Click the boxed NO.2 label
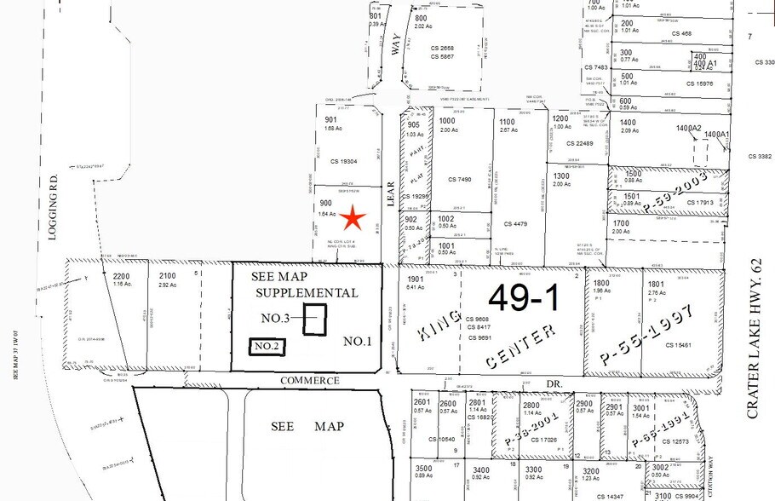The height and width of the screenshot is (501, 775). (x=267, y=346)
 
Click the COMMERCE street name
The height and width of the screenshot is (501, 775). (x=311, y=380)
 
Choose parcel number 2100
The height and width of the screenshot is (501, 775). (x=168, y=275)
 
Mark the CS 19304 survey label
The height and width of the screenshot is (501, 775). (x=342, y=160)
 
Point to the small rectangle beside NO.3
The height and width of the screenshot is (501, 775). (x=316, y=320)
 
